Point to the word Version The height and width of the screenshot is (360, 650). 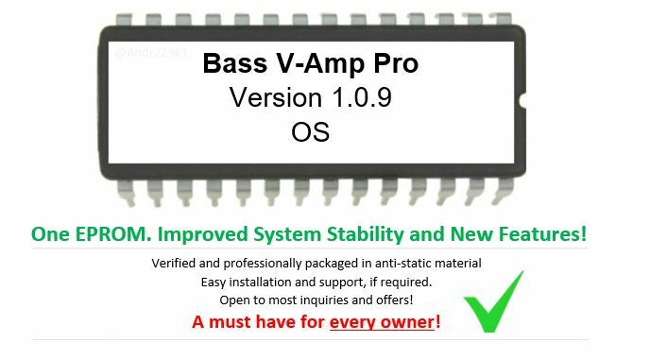(x=275, y=97)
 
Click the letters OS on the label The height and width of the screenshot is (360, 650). (x=310, y=131)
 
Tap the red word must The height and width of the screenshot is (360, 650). (x=231, y=321)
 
